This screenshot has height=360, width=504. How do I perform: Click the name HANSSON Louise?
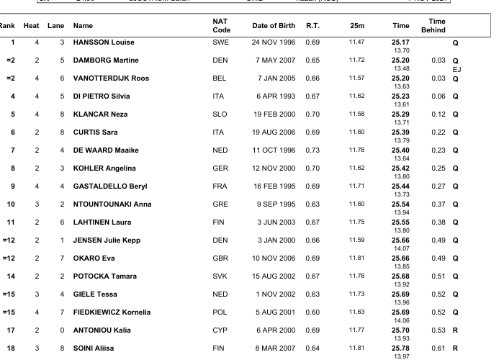104,42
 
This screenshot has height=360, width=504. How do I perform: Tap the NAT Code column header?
222,26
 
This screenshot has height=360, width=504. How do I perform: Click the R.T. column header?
312,26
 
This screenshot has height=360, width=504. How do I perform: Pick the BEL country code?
220,78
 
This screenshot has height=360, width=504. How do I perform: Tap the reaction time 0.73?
312,150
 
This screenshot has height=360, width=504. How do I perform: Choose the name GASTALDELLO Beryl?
110,186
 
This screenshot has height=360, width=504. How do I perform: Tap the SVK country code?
220,276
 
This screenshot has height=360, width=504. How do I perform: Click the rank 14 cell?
11,276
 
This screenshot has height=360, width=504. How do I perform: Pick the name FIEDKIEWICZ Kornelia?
112,312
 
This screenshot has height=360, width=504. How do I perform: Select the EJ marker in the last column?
456,70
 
